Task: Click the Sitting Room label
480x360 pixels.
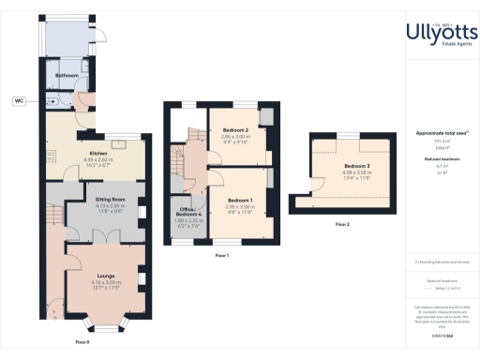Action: coord(112,199)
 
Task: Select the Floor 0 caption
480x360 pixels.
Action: coord(82,343)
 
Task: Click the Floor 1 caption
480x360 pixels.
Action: coord(222,255)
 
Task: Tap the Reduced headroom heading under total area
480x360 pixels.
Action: coord(442,159)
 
